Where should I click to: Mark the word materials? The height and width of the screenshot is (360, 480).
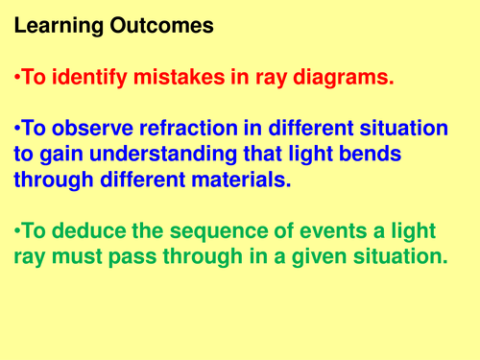[x=238, y=180]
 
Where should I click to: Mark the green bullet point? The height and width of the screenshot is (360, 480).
[x=17, y=231]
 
